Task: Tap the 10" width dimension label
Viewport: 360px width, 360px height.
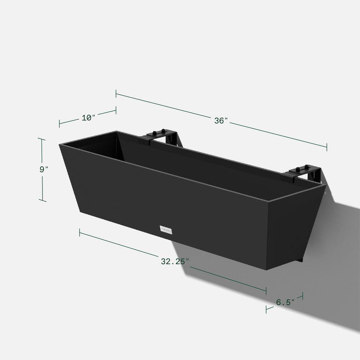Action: [88, 117]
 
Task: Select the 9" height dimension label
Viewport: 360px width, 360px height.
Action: [44, 170]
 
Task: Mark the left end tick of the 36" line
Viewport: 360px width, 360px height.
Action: [116, 94]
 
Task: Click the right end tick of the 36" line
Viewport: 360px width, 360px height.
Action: [327, 147]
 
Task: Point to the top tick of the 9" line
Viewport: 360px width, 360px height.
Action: [42, 139]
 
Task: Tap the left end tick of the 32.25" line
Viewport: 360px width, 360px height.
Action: [80, 233]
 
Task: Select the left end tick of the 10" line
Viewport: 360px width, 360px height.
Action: [59, 123]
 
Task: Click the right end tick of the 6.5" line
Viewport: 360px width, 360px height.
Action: [302, 296]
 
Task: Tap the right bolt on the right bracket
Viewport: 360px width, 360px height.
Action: [307, 167]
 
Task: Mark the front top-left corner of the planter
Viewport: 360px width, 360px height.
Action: [60, 144]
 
